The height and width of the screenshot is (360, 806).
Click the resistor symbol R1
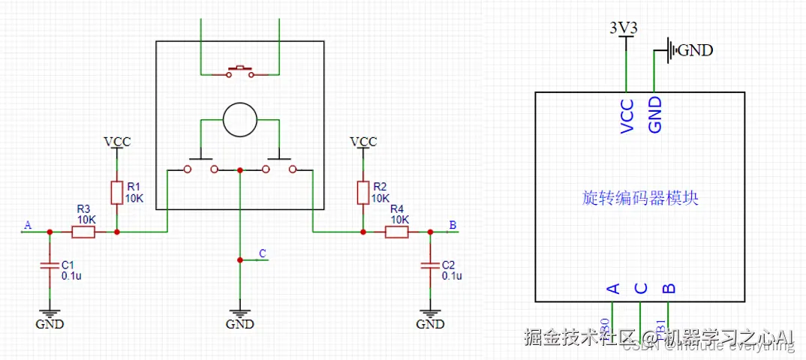116,192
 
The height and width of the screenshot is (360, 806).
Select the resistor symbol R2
363,192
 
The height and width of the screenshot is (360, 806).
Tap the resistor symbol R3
83,232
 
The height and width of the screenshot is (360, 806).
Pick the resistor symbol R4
396,232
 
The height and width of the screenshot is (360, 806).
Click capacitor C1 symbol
50,265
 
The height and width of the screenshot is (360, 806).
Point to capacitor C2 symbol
430,265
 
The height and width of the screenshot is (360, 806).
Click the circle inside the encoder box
240,120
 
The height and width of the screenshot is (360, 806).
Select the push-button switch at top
240,72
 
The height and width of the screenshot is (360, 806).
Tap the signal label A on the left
28,225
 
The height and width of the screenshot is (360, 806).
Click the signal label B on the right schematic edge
452,225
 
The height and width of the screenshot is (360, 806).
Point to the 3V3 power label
625,28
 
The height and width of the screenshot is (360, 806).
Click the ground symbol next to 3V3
672,51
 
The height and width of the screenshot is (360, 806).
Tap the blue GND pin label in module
655,115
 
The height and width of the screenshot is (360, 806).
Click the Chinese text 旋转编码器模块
640,198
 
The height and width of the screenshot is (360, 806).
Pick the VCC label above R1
117,141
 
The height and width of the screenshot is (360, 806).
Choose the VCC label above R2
363,141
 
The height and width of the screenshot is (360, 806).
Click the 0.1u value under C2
452,276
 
